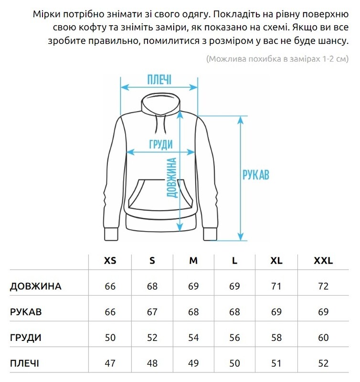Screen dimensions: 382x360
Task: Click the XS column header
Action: pyautogui.click(x=110, y=261)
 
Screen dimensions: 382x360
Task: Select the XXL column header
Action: pyautogui.click(x=323, y=261)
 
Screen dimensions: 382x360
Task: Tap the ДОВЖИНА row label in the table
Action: pyautogui.click(x=36, y=286)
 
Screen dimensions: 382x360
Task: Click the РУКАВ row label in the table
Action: pyautogui.click(x=26, y=312)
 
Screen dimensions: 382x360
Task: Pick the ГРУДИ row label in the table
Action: pyautogui.click(x=26, y=338)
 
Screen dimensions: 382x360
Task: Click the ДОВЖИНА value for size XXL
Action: pyautogui.click(x=323, y=286)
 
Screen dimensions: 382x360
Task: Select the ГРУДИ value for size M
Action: pyautogui.click(x=193, y=338)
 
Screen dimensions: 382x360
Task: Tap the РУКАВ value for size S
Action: pyautogui.click(x=152, y=312)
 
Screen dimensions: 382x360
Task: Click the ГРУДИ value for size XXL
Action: pyautogui.click(x=323, y=338)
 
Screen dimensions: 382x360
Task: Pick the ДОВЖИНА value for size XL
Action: pyautogui.click(x=276, y=286)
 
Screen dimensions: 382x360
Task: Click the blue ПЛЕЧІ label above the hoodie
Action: pyautogui.click(x=159, y=79)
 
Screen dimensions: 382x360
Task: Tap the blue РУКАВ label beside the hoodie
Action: pyautogui.click(x=255, y=175)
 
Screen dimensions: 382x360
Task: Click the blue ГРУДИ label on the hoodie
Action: pyautogui.click(x=160, y=145)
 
